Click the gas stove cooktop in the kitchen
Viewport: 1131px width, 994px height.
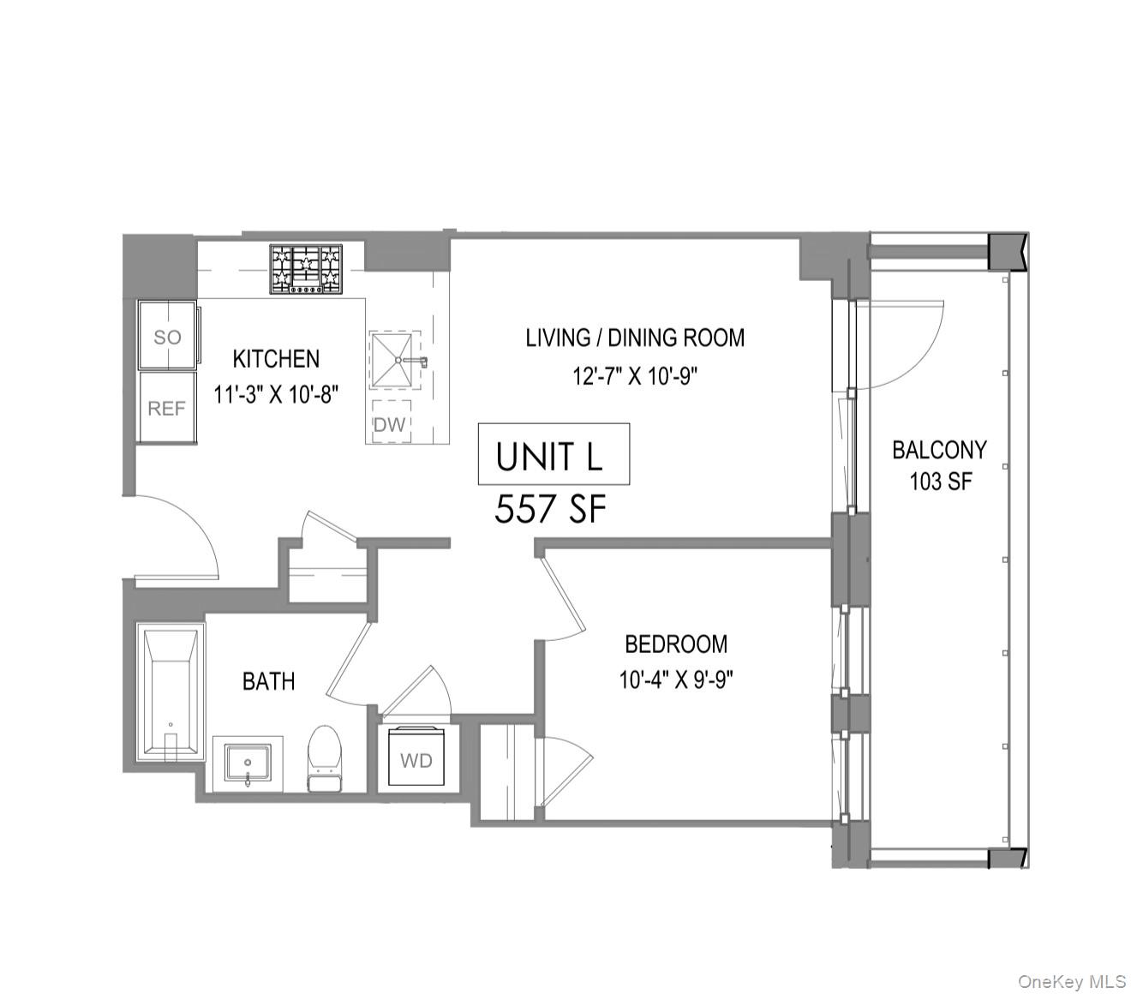point(306,269)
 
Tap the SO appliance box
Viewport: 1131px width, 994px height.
point(168,337)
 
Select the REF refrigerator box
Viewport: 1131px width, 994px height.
point(167,409)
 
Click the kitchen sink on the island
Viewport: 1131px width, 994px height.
point(397,360)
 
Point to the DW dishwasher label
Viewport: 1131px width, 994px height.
point(389,423)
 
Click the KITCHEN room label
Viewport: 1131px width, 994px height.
point(276,358)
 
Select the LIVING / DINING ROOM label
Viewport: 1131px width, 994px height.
point(635,338)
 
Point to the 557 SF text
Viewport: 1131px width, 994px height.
point(550,511)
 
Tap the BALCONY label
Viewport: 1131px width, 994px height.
point(939,449)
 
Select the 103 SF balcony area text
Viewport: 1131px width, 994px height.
point(941,482)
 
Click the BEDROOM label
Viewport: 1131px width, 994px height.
point(676,644)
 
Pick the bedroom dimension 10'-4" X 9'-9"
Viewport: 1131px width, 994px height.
point(676,680)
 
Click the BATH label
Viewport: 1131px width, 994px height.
point(268,681)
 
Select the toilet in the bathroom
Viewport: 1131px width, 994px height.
point(325,757)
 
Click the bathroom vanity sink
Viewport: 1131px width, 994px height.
point(248,762)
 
